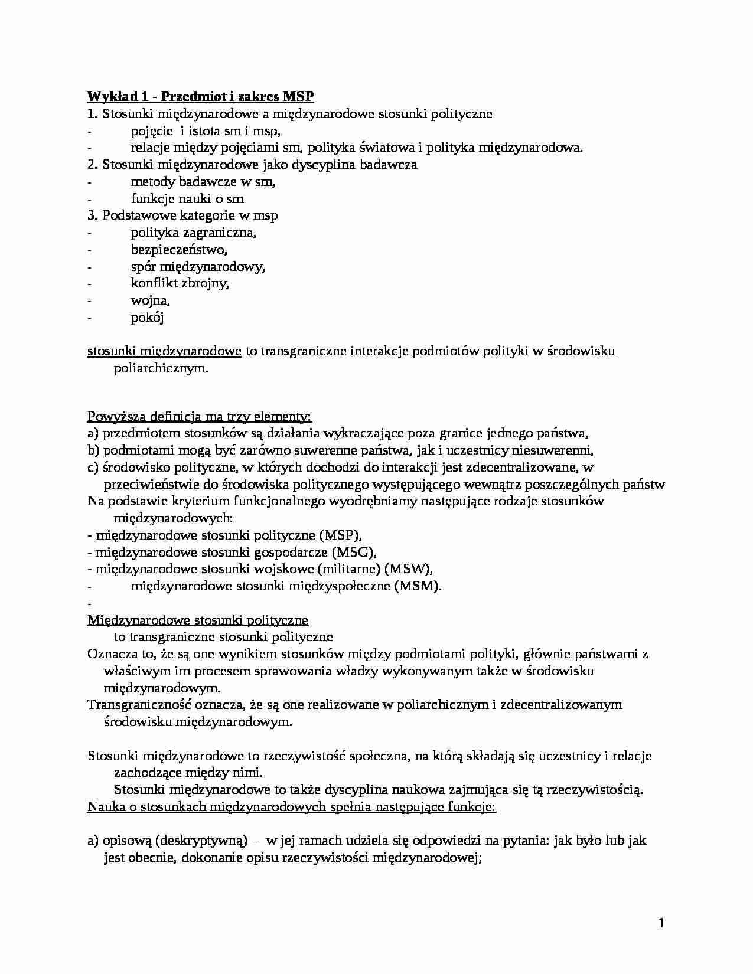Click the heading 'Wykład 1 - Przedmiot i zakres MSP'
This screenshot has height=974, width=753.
click(x=201, y=96)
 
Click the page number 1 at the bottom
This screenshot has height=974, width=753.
click(x=661, y=924)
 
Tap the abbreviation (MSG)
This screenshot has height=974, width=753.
click(x=354, y=553)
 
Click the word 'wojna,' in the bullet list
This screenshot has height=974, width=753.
click(x=151, y=300)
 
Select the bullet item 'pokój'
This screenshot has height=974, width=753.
click(x=147, y=318)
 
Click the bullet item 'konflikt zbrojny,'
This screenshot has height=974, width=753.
click(x=180, y=283)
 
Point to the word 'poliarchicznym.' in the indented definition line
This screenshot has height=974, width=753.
click(x=161, y=369)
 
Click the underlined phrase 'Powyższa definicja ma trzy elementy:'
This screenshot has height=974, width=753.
click(x=200, y=417)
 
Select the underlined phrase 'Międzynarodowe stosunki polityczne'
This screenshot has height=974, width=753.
click(x=198, y=620)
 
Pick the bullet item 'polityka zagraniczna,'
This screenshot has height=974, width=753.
click(x=194, y=233)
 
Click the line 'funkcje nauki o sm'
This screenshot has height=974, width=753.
click(x=187, y=198)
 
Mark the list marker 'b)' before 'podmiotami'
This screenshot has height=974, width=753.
click(x=93, y=450)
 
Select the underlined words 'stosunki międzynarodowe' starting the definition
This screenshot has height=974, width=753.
click(x=164, y=352)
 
